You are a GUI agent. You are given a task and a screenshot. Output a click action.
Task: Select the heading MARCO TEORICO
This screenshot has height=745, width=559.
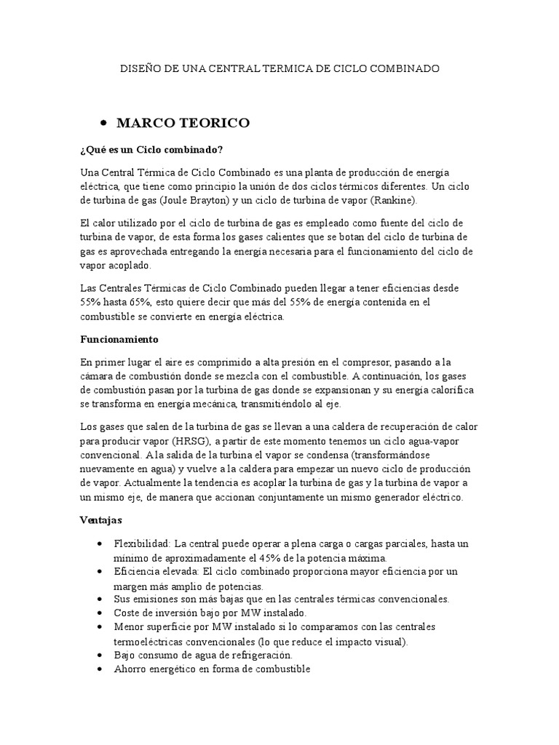[183, 123]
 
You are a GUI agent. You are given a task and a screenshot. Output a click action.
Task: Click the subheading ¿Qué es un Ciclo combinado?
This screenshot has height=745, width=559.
[151, 150]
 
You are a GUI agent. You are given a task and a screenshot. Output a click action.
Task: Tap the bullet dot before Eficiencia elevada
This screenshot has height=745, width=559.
[100, 573]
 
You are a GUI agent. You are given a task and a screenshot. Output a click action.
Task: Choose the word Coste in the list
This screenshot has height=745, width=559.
[127, 613]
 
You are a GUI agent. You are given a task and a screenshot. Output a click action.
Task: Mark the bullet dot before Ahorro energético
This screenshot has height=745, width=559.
[100, 669]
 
